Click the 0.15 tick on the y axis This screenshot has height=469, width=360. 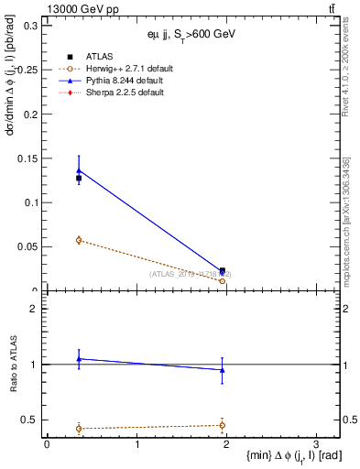point(28,158)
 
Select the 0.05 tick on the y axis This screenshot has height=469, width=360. point(28,246)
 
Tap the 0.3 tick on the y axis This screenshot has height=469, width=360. point(31,25)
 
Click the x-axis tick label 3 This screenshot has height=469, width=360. point(315,443)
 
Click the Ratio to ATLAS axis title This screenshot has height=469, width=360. point(13,364)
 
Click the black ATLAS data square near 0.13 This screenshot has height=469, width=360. point(79,179)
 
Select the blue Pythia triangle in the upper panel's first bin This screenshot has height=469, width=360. point(79,169)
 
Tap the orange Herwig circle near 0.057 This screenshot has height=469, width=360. point(79,240)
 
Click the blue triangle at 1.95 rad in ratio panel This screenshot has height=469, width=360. point(222,370)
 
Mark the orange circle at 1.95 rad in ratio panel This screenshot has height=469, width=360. point(222,424)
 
